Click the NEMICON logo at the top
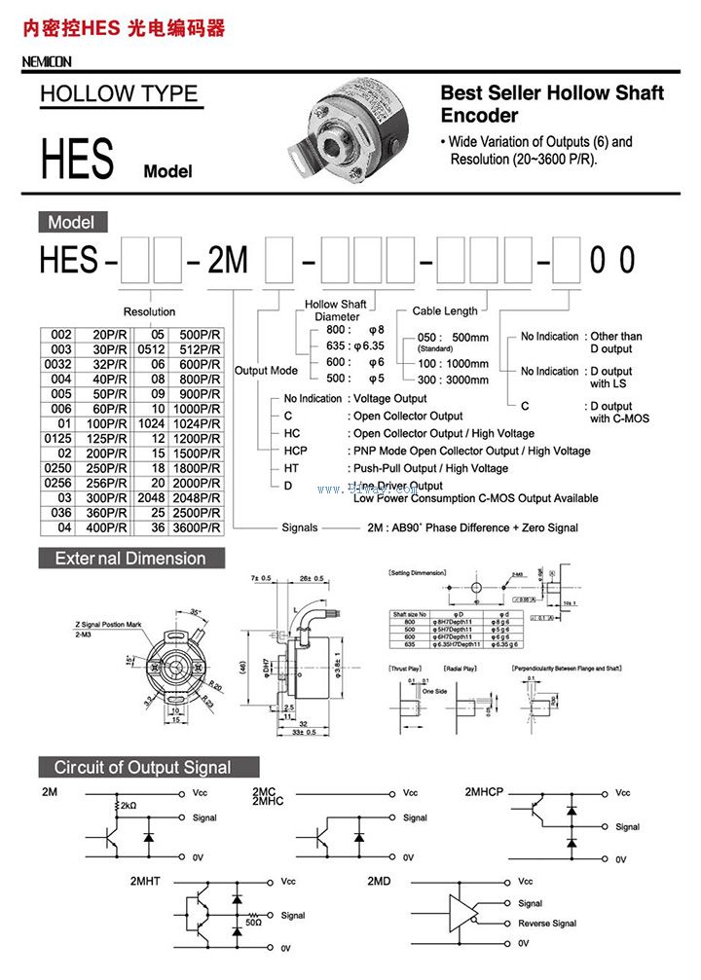coord(47,62)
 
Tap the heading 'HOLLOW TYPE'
coord(119,94)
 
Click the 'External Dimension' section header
coord(130,559)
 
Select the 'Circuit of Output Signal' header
coord(143,767)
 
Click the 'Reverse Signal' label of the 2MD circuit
coord(547,924)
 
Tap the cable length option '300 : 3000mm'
coord(453,380)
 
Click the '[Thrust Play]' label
coord(405,670)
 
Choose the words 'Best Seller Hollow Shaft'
coord(552,93)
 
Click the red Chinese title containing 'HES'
coord(124,28)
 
